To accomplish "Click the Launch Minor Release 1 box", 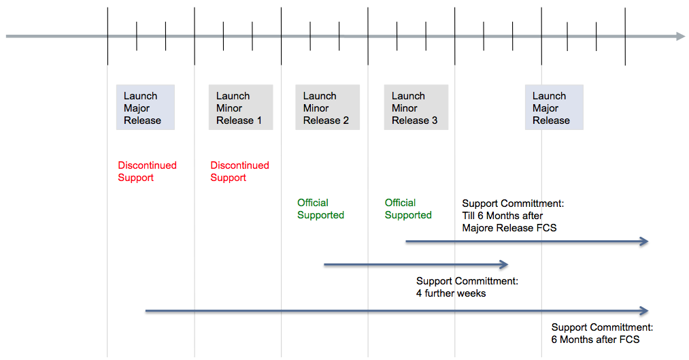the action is (241, 108).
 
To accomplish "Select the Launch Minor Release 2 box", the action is (327, 108).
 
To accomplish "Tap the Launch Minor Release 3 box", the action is (416, 108).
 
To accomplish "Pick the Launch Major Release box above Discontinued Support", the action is (146, 108).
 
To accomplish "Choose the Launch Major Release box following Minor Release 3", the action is (554, 108).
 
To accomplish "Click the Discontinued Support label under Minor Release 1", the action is (239, 171).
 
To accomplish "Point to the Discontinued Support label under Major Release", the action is (147, 171).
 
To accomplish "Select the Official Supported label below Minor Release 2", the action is (320, 209).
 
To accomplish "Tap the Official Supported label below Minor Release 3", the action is (408, 209).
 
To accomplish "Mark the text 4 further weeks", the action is (451, 293).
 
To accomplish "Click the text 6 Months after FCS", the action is (595, 340).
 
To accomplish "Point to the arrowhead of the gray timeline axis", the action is (681, 36).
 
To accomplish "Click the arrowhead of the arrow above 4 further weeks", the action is (505, 265).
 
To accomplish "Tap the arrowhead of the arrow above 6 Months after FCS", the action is (644, 311).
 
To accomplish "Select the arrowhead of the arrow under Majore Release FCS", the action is (644, 242).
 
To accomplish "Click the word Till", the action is (469, 216).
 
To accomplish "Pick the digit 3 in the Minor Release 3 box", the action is (435, 120).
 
